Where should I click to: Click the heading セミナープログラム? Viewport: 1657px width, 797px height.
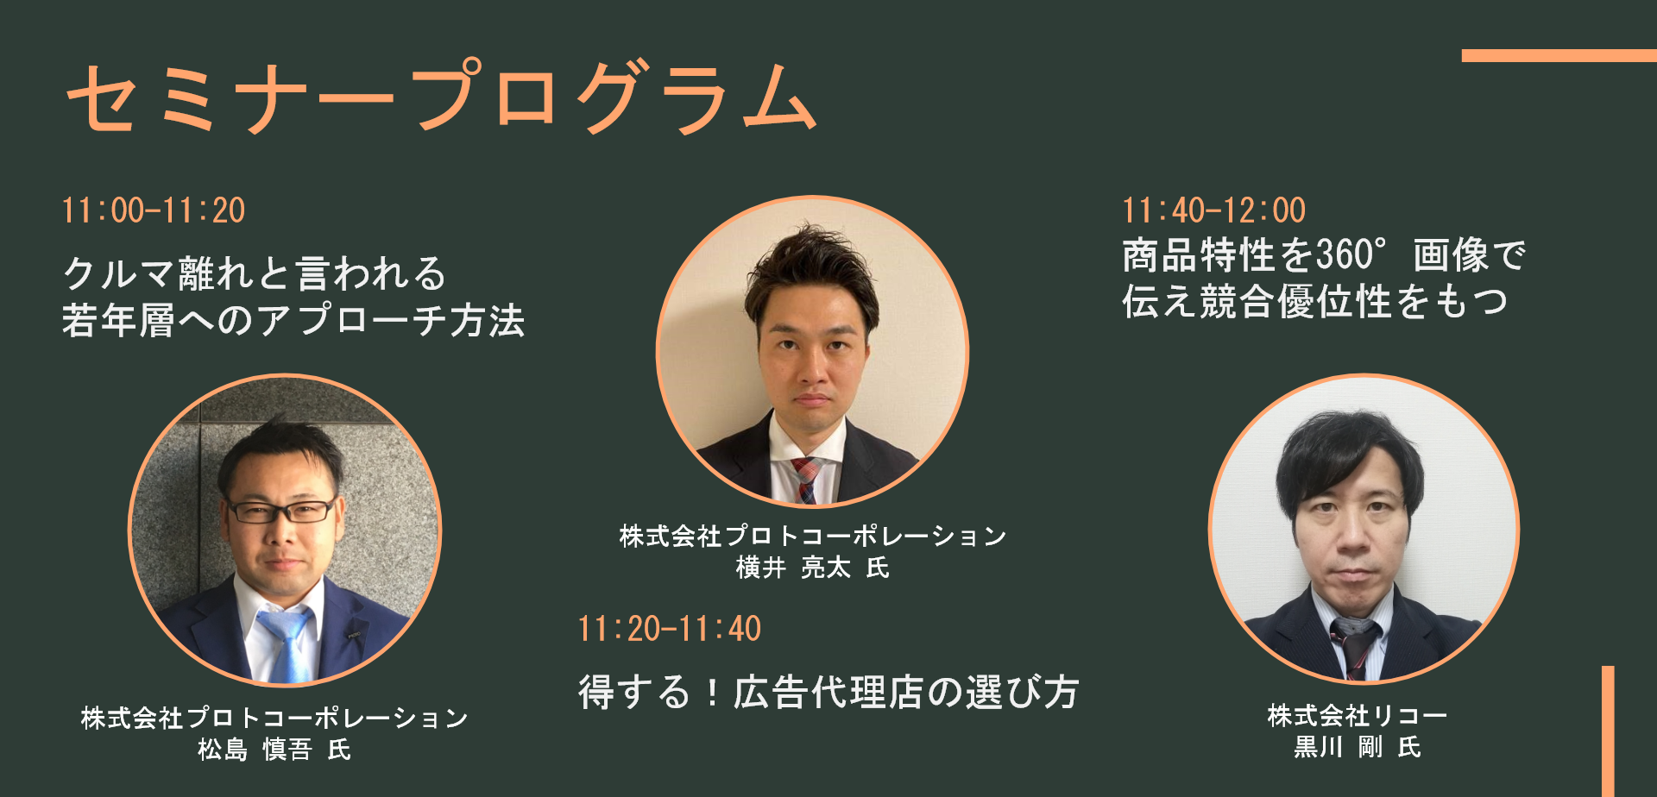point(441,97)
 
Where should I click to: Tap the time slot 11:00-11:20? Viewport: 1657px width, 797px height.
point(154,210)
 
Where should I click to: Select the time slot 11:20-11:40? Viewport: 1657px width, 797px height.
point(670,629)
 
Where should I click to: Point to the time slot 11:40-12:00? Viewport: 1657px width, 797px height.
point(1214,210)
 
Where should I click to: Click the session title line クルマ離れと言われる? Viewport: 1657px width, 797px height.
point(255,273)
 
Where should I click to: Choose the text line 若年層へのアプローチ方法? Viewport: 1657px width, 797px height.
point(293,320)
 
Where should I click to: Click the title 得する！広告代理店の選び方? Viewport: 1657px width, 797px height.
point(828,692)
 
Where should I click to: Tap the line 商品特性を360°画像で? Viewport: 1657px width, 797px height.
point(1324,255)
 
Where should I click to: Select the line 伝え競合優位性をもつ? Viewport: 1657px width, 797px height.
point(1315,302)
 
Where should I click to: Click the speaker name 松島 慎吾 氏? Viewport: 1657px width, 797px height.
point(274,749)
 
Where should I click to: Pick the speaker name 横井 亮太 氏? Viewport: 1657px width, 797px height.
point(813,567)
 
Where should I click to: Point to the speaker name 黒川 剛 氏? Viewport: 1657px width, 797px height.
point(1358,746)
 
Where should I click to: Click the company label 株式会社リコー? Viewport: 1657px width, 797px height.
point(1358,715)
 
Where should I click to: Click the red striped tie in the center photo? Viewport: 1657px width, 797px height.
point(808,480)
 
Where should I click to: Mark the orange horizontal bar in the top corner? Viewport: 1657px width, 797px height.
point(1559,56)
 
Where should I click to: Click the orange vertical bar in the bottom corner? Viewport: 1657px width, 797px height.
point(1608,731)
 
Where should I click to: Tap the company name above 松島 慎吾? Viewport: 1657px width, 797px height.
point(274,718)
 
